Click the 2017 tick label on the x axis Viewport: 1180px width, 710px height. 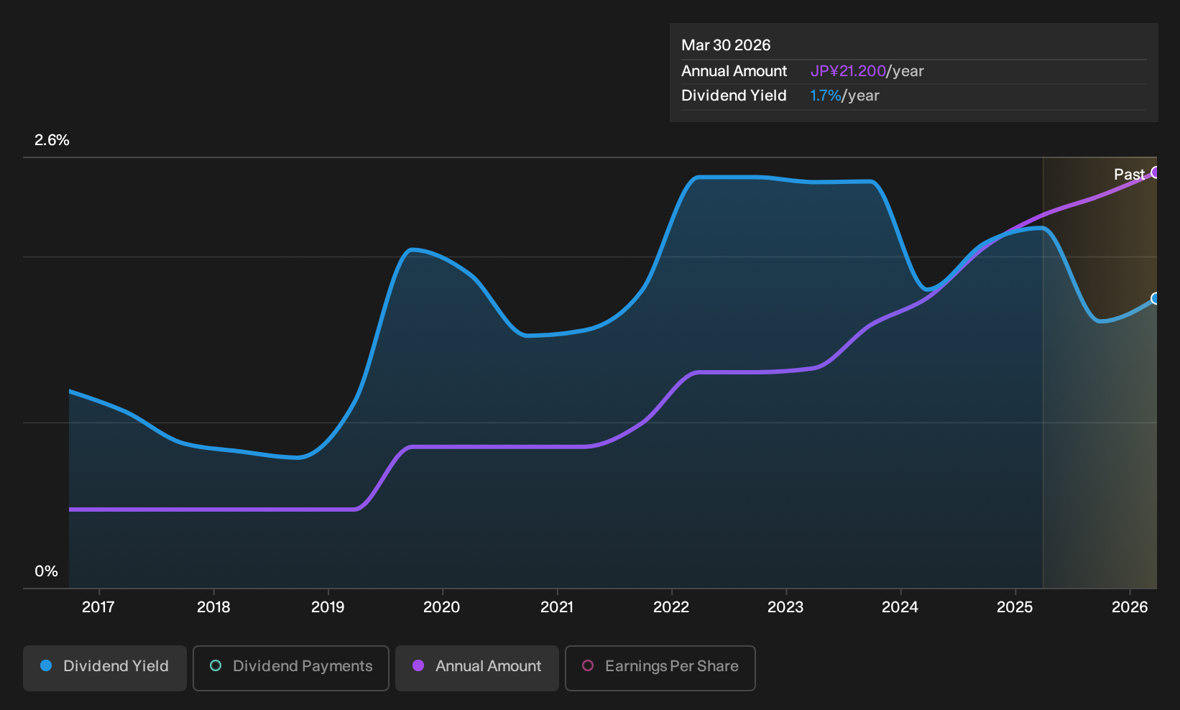98,607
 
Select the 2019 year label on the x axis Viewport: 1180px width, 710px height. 328,607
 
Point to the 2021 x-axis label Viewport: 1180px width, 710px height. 557,607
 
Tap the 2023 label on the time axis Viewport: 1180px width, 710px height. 785,607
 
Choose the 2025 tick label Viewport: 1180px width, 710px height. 1015,607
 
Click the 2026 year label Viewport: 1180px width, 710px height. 1130,607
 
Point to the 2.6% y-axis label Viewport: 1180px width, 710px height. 52,140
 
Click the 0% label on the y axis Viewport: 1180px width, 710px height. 47,571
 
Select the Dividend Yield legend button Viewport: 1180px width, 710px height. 105,668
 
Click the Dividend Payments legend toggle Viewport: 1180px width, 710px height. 291,668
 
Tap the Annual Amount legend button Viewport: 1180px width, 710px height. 476,668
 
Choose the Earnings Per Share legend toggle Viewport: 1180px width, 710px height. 660,668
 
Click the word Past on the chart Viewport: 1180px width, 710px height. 1129,175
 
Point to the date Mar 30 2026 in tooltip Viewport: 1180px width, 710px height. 726,45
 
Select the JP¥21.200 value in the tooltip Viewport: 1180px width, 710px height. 848,71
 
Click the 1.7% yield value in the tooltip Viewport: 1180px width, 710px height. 826,96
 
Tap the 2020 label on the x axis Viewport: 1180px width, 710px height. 441,607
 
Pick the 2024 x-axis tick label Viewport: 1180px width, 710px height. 900,607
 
